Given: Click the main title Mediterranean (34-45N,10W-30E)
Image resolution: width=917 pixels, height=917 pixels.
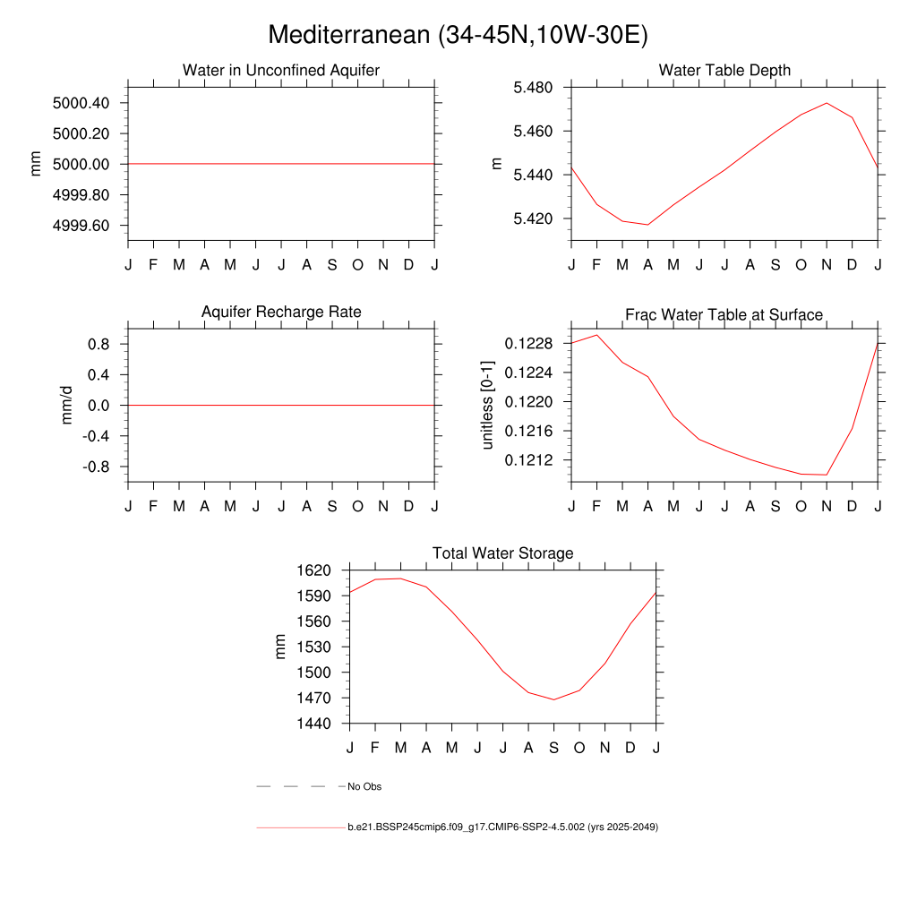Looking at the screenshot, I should point(458,35).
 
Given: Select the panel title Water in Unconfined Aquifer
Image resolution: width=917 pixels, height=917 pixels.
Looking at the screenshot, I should point(281,70).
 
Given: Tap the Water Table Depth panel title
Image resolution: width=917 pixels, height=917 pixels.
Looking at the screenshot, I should point(724,70).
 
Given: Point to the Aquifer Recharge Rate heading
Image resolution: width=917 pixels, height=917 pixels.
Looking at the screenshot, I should point(281,312).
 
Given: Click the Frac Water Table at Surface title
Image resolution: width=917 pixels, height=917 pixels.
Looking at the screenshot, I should point(724,314).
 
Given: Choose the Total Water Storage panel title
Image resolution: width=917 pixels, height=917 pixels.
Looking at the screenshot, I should point(502,553).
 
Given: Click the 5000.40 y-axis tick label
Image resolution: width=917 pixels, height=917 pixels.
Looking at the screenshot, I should point(81,103).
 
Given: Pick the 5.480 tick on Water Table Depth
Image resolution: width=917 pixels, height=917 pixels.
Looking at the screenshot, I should point(532,88).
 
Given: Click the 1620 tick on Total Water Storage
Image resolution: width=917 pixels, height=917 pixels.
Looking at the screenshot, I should point(314,570).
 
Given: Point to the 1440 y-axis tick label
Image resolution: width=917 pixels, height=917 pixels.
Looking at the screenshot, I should point(314,724).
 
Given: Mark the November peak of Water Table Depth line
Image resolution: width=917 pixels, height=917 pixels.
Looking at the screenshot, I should point(827,103).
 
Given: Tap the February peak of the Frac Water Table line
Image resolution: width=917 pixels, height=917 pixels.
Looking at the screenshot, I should point(597,335).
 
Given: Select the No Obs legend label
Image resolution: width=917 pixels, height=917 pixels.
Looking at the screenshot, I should point(364,786).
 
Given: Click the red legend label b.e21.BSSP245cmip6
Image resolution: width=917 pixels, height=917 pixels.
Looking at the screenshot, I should point(502,827).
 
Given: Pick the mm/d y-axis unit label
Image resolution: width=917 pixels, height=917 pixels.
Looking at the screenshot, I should point(67,406).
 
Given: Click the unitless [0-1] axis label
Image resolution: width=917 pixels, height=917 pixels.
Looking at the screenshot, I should point(488,406).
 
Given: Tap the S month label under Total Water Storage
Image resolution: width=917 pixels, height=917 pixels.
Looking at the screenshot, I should point(553,747).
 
